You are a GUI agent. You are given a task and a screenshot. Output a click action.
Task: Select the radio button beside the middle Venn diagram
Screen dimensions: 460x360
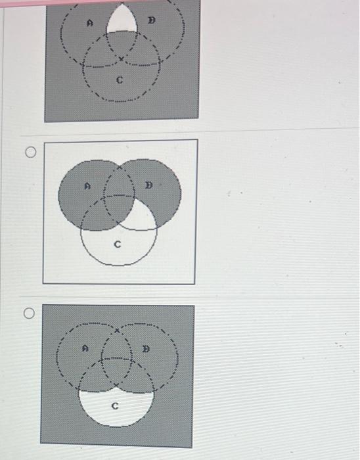coord(30,153)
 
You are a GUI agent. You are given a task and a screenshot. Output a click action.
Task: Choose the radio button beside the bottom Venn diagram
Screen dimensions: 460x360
coord(28,314)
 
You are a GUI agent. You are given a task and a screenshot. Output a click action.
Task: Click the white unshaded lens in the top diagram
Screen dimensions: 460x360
coord(120,21)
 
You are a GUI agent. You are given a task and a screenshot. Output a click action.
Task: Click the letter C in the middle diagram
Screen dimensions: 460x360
coord(118,244)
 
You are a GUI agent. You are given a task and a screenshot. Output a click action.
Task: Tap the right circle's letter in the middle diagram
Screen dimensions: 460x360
coord(149,186)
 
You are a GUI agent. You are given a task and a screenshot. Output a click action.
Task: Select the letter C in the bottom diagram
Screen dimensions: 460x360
coord(115,406)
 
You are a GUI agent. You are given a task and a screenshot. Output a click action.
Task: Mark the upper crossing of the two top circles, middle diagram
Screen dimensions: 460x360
coord(119,168)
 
